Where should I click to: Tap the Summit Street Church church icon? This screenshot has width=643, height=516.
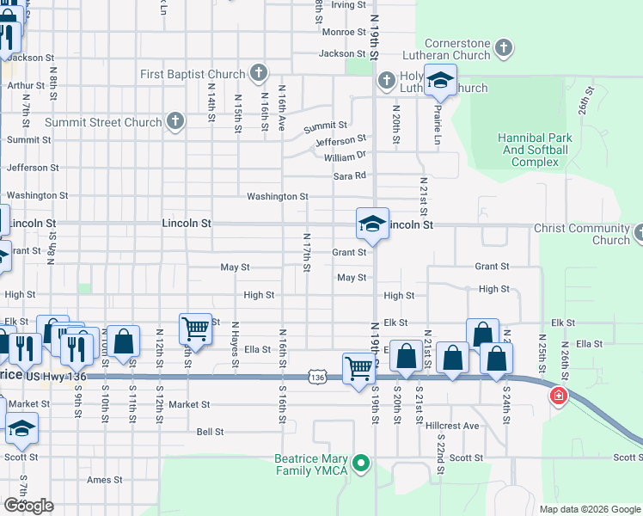click(175, 121)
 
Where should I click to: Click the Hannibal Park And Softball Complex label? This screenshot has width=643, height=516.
click(533, 150)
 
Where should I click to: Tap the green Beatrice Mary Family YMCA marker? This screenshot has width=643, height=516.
click(362, 464)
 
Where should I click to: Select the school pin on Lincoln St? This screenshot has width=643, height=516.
click(373, 224)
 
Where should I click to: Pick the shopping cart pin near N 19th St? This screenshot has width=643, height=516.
click(358, 368)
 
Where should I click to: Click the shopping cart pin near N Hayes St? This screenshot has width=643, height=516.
click(195, 329)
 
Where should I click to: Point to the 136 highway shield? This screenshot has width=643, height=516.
click(318, 377)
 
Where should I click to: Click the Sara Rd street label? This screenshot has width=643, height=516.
click(350, 175)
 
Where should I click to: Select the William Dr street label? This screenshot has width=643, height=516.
click(345, 157)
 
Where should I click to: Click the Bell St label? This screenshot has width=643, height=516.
click(210, 432)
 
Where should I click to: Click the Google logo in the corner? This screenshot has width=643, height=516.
click(28, 506)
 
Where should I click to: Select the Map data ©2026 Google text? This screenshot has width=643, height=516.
click(589, 509)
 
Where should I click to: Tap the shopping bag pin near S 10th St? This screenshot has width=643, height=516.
click(124, 340)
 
